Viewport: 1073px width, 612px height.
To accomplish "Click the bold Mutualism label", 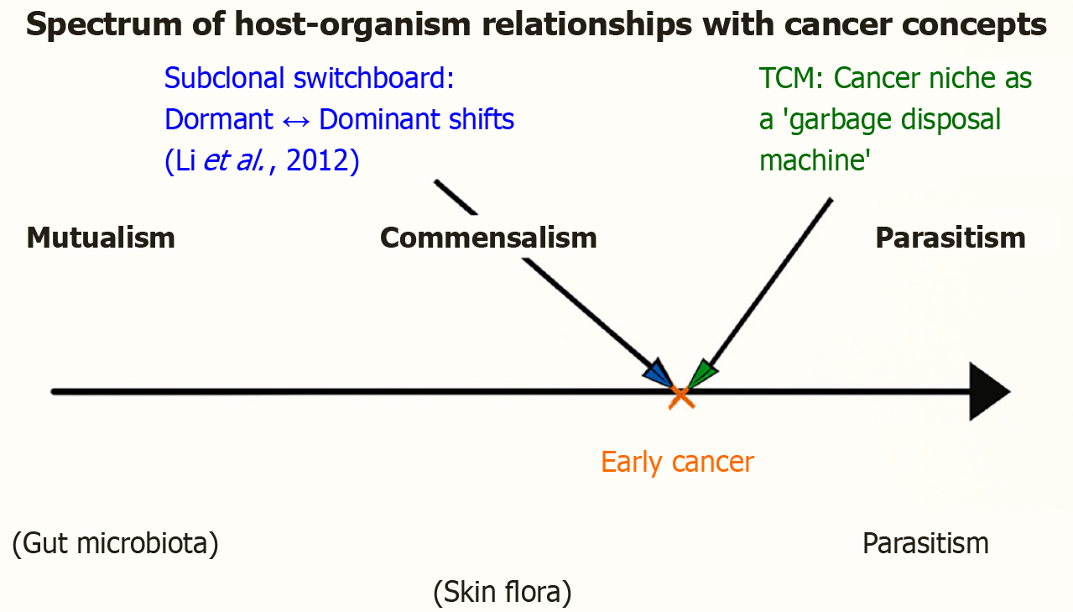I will pos(101,238).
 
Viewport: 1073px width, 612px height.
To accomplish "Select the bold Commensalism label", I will pos(488,238).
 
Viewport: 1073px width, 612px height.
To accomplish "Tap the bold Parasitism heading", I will pos(950,238).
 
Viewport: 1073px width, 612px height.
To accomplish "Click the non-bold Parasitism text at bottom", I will pos(925,543).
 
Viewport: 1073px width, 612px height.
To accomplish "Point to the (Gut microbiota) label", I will pos(116,544).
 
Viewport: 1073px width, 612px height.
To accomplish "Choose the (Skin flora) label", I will pos(503,593).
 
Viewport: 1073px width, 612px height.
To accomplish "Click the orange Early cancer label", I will pos(677,462).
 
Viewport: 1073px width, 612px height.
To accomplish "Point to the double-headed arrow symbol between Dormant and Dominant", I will pos(296,120).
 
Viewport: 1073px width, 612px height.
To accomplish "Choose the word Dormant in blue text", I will pos(219,119).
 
